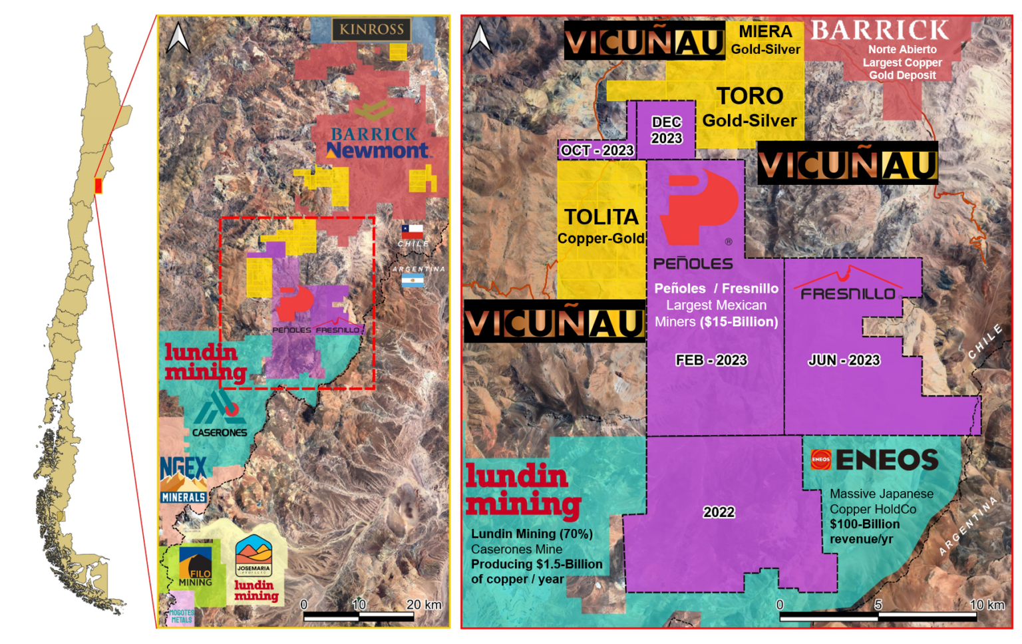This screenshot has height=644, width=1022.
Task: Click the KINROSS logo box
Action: pos(371,29)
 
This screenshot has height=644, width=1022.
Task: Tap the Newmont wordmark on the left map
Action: pos(377,151)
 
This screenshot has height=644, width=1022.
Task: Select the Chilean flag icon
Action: pos(412,232)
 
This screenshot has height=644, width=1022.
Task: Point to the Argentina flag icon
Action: pos(412,281)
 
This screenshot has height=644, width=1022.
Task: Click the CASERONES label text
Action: pos(220,432)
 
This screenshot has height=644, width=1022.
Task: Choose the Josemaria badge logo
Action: pos(254,556)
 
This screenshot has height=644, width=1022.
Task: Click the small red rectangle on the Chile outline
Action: pos(98,186)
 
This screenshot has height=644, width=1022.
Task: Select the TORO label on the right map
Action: pos(750,96)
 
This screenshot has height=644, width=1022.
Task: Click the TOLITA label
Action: pos(601,217)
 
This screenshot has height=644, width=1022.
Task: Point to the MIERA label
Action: pos(765,31)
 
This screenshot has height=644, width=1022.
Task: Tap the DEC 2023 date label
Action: pos(666,130)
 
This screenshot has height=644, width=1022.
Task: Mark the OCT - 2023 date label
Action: pos(597,150)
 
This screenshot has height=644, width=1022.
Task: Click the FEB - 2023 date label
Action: pos(711,360)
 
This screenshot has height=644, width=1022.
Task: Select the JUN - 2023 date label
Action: pos(844,360)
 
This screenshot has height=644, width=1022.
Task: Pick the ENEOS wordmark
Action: pos(886,460)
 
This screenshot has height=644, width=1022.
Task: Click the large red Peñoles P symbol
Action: pos(697,206)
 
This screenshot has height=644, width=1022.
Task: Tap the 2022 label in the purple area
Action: pos(719,512)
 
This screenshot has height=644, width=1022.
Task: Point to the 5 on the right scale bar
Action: pos(878,605)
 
